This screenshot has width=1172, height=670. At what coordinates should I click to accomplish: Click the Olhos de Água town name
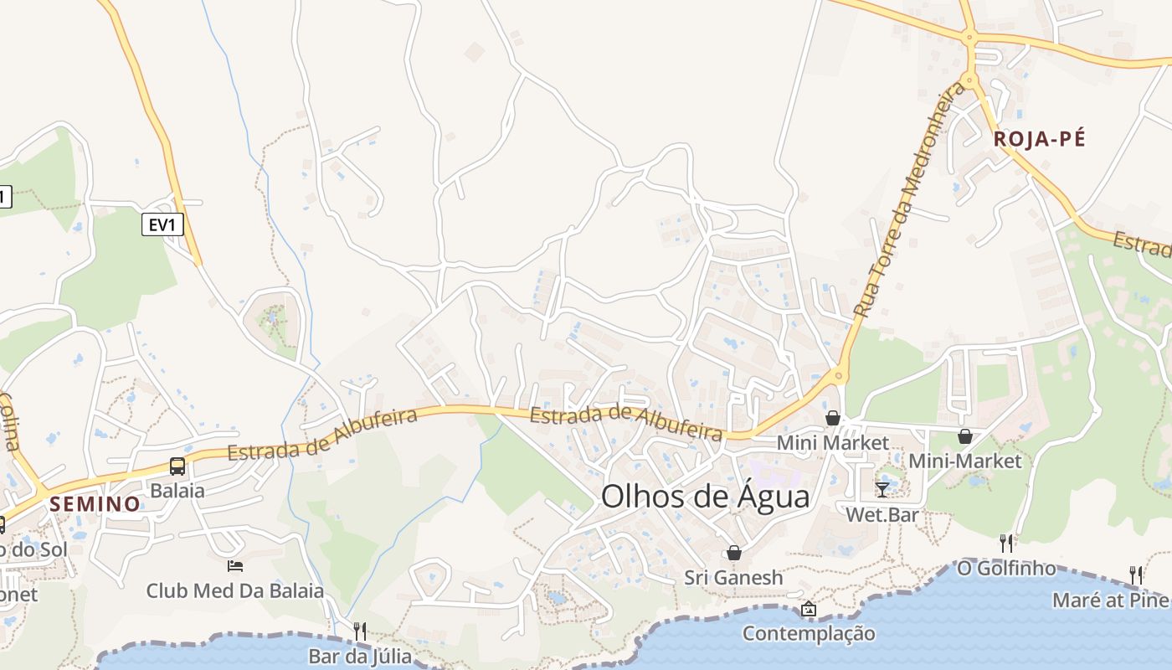pyautogui.click(x=706, y=497)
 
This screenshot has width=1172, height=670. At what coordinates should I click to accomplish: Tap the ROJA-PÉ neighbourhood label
pyautogui.click(x=1039, y=139)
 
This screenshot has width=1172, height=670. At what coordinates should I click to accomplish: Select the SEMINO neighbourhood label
pyautogui.click(x=95, y=503)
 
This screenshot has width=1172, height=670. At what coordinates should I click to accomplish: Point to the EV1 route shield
pyautogui.click(x=162, y=224)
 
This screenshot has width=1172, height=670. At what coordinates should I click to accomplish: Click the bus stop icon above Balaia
pyautogui.click(x=177, y=466)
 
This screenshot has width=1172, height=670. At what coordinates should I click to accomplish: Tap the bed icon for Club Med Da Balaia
pyautogui.click(x=235, y=566)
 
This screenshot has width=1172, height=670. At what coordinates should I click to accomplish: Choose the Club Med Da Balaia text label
pyautogui.click(x=235, y=590)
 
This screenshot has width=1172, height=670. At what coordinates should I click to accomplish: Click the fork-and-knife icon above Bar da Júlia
pyautogui.click(x=360, y=631)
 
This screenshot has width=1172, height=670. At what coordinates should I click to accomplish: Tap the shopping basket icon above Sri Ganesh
pyautogui.click(x=734, y=553)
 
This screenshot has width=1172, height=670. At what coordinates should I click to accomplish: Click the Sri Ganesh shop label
pyautogui.click(x=734, y=577)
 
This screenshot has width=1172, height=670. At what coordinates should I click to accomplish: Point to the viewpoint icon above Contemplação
pyautogui.click(x=808, y=609)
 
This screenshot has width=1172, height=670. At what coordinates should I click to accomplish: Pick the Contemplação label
pyautogui.click(x=809, y=633)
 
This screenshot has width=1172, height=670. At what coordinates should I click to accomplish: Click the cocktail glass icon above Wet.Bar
pyautogui.click(x=882, y=489)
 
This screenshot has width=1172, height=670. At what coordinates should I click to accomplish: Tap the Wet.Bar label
pyautogui.click(x=882, y=514)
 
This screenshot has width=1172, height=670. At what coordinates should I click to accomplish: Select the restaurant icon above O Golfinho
pyautogui.click(x=1006, y=543)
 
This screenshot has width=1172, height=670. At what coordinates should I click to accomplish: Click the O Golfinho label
pyautogui.click(x=1006, y=568)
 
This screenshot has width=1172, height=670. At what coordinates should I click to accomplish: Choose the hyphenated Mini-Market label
pyautogui.click(x=965, y=461)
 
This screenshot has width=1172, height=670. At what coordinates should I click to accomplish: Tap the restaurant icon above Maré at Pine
pyautogui.click(x=1136, y=575)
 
